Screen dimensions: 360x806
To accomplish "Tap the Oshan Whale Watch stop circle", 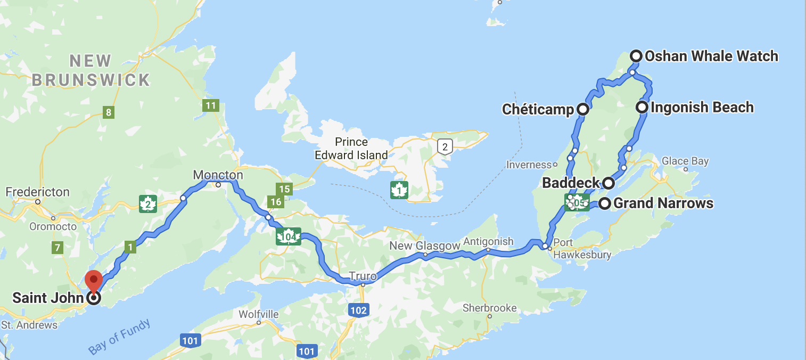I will pos(636,55).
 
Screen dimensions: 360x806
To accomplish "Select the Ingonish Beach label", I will pos(702,108).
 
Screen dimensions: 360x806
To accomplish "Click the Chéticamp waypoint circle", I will pos(583,110).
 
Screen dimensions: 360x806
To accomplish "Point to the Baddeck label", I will pos(571,183).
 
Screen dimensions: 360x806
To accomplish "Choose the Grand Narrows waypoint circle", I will pos(605,203).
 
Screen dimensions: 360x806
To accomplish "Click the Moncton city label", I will pos(218,175).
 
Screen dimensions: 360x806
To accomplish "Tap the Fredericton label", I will pos(37,192).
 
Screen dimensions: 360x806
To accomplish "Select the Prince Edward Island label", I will pos(351,149).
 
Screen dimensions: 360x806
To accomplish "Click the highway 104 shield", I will pos(289,236).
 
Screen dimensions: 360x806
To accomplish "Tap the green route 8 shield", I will pos(109,112).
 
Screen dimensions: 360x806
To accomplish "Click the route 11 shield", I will pos(211,105).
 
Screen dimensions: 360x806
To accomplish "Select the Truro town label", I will pos(363,276).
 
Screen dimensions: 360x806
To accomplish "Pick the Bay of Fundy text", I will pos(119,337).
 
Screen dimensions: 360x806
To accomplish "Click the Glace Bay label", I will pos(685,161).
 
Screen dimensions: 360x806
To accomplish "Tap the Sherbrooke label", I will pos(489,308).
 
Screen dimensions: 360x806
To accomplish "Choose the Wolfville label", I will pos(259,314).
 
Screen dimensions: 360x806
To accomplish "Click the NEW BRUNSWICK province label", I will pos(91,70).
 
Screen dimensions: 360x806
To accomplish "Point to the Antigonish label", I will pos(488,241).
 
